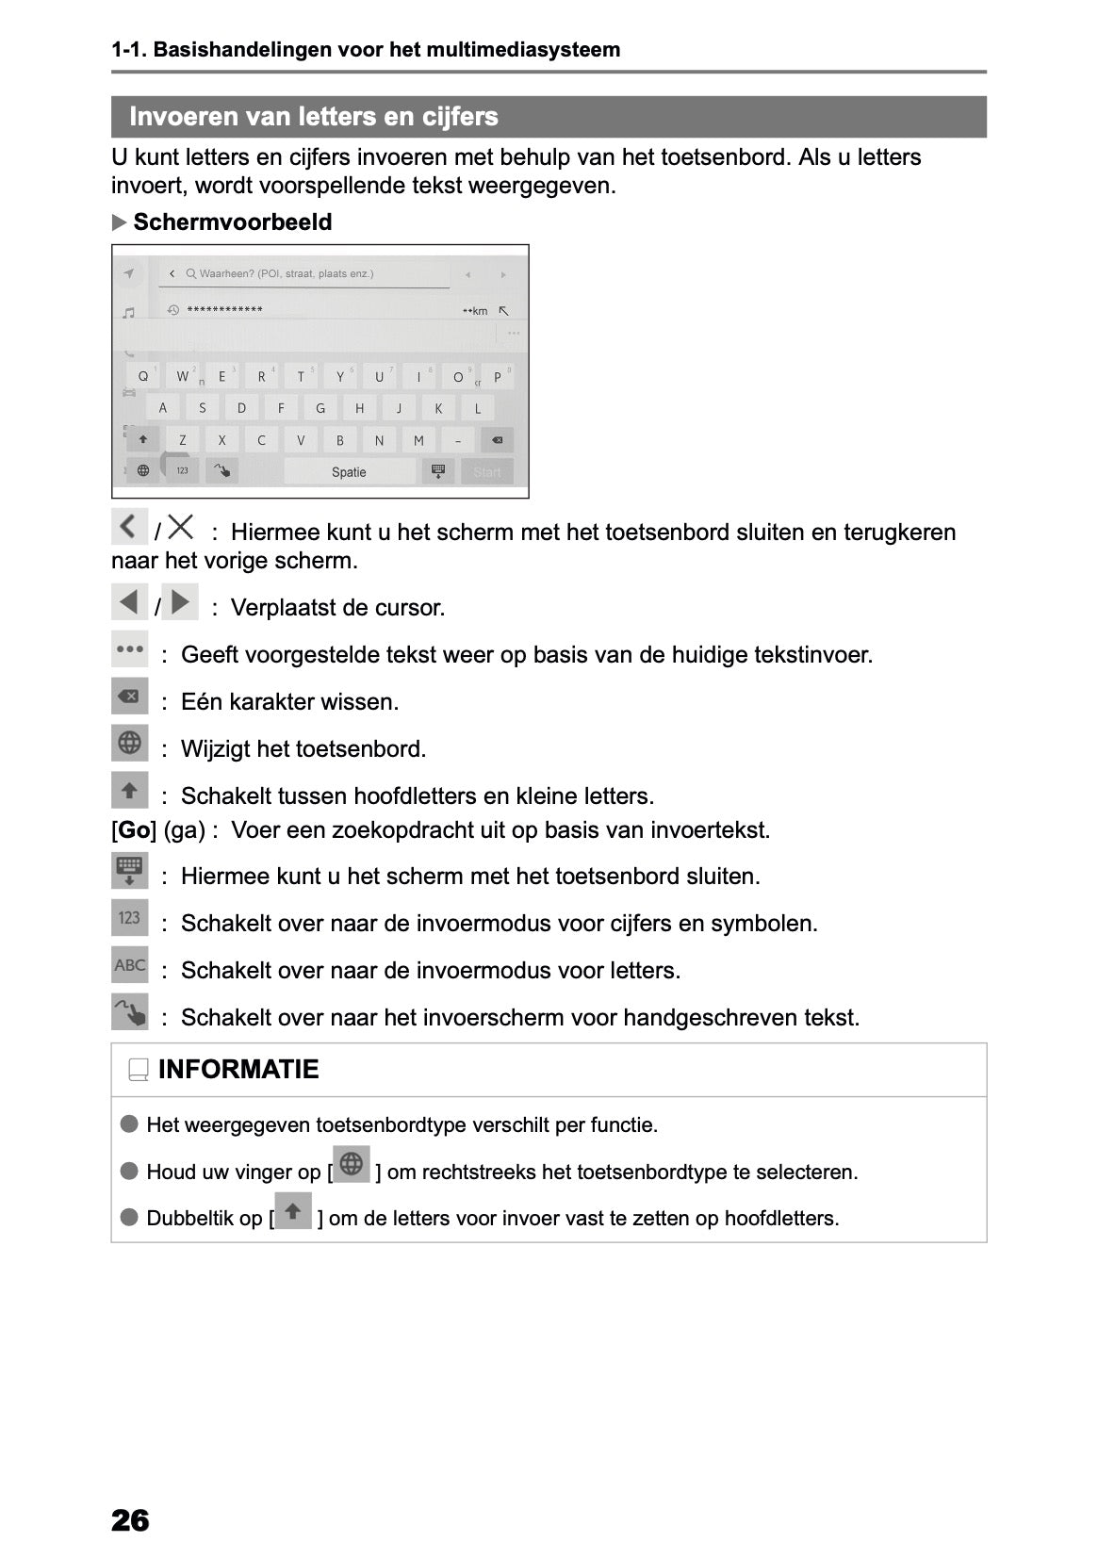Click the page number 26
130,1519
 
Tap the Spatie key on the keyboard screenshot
349,472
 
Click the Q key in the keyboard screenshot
143,376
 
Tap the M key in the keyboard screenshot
418,440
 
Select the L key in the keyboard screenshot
478,408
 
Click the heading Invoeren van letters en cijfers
314,117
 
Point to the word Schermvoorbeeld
232,222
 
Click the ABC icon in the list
130,965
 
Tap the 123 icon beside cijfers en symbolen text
130,918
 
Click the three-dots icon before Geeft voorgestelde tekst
130,649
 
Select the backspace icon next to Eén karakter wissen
130,697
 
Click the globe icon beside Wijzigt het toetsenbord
130,744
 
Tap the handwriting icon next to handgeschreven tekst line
130,1013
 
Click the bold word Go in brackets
134,830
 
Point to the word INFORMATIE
238,1070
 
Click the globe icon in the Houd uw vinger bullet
352,1165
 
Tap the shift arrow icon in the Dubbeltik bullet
293,1211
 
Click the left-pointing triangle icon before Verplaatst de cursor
130,601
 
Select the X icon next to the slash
181,527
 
